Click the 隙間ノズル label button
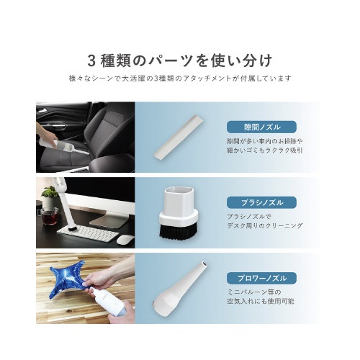pyautogui.click(x=261, y=127)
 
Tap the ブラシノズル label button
pyautogui.click(x=261, y=202)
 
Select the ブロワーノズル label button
pyautogui.click(x=261, y=278)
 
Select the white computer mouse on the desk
pyautogui.click(x=125, y=239)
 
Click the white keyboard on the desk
pyautogui.click(x=88, y=233)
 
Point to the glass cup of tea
pyautogui.click(x=49, y=216)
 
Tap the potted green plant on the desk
pyautogui.click(x=49, y=197)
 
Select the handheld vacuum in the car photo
pyautogui.click(x=63, y=145)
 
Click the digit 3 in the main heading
pyautogui.click(x=92, y=60)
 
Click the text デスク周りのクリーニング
pyautogui.click(x=265, y=225)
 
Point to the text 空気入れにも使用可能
pyautogui.click(x=261, y=301)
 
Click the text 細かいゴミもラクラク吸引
pyautogui.click(x=265, y=150)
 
